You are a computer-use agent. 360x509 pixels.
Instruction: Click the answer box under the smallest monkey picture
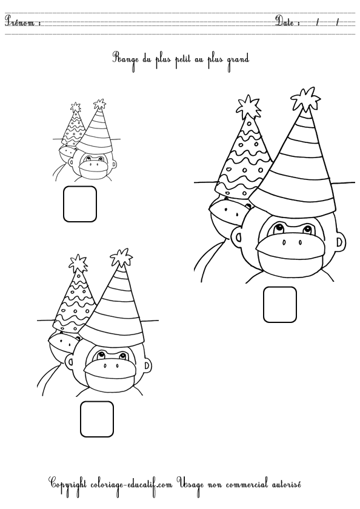click(x=80, y=204)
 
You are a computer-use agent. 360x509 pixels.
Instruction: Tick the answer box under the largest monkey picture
click(x=280, y=304)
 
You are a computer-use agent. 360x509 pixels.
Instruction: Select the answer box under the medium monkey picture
click(x=97, y=419)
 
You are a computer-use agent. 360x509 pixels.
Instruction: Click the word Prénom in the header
click(x=20, y=22)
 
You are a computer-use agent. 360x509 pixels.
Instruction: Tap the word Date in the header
click(x=285, y=22)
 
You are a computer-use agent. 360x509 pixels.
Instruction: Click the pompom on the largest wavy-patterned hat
click(x=248, y=105)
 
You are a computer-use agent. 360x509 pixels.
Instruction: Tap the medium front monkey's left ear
click(x=69, y=361)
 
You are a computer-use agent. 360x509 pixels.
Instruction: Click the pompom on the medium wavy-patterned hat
click(x=78, y=263)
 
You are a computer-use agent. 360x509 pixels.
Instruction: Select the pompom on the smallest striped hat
click(x=99, y=104)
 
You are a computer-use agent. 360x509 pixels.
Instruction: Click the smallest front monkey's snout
click(x=93, y=169)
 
